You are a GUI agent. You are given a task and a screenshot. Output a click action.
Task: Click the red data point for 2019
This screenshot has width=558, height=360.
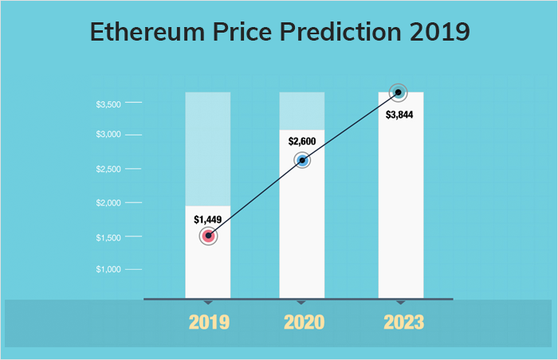(x=208, y=236)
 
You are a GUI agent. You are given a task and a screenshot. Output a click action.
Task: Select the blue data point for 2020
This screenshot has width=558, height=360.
(x=302, y=160)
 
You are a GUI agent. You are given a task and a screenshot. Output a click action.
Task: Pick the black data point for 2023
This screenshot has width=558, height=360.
(x=399, y=93)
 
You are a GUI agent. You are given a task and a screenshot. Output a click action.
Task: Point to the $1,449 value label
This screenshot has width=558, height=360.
(x=209, y=218)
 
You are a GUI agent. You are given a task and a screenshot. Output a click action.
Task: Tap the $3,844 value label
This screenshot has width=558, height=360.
(x=399, y=115)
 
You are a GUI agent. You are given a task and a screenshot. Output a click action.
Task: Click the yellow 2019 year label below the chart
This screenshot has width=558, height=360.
(x=209, y=323)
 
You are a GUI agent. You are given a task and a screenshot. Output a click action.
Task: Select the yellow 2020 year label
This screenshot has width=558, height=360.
(x=304, y=323)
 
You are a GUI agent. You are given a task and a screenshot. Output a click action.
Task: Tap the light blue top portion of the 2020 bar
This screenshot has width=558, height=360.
(x=302, y=111)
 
